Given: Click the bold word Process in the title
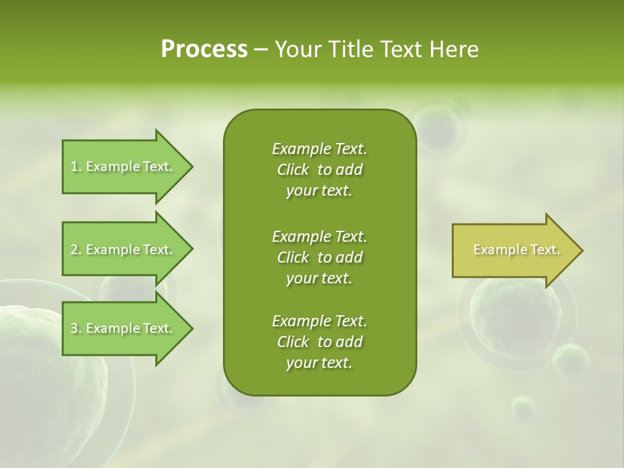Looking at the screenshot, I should coord(204,49).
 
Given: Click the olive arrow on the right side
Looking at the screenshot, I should coord(513,250).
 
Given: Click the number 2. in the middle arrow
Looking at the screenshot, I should coord(76,250).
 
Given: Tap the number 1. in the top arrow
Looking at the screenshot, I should coord(76,166).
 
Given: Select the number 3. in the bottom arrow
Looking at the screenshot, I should coord(76,328).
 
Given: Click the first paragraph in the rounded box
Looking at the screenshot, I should coord(320,170).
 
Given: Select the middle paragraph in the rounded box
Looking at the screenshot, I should coord(320,257).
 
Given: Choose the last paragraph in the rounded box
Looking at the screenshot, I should coord(320,342).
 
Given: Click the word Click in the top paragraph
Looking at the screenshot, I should coord(293,170).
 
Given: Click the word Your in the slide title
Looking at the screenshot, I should coord(297,49).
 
